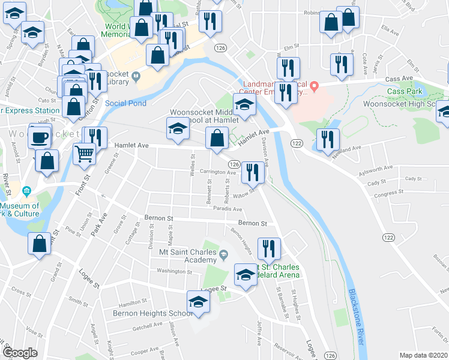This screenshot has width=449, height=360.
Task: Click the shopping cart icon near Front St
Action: [85, 154]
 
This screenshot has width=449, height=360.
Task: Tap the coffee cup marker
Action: [40, 137]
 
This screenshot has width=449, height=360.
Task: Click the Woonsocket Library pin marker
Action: [136, 76]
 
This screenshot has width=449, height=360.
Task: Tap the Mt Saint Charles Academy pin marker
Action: [223, 256]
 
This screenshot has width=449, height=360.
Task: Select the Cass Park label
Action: [405, 91]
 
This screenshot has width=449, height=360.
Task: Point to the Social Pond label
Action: [125, 103]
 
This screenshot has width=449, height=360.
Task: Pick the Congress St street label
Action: [382, 193]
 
